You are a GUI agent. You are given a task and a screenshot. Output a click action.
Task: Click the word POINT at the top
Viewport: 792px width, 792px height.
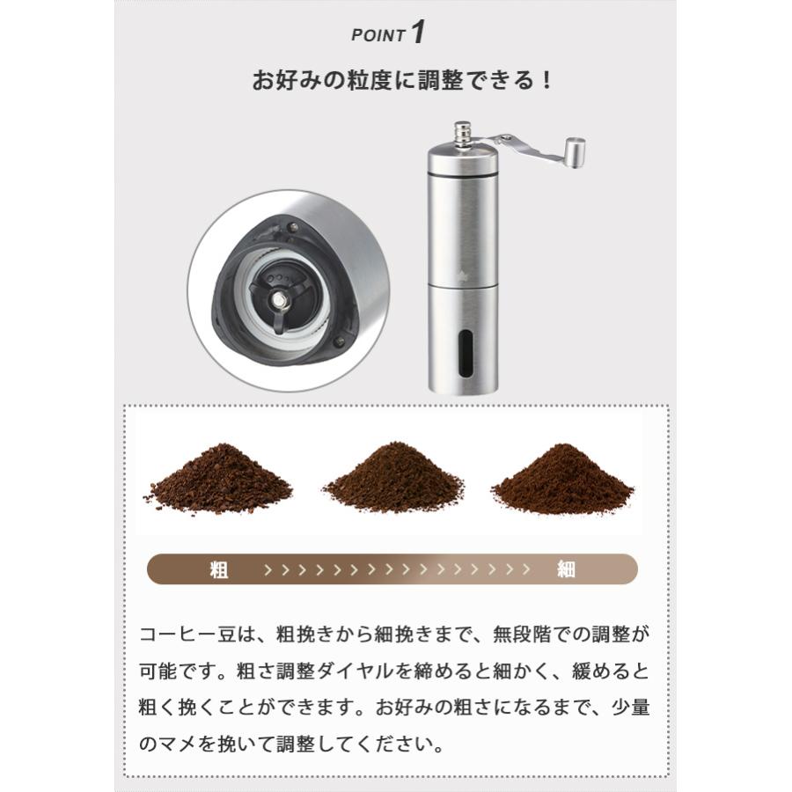click(378, 36)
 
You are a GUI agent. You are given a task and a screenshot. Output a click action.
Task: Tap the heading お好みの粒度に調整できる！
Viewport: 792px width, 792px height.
click(403, 81)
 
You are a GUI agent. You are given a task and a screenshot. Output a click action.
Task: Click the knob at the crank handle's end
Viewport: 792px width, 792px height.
click(575, 150)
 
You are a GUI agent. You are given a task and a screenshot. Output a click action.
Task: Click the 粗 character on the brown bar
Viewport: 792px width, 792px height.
click(219, 570)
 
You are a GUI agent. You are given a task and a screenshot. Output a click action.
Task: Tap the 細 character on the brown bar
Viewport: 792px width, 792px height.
click(566, 570)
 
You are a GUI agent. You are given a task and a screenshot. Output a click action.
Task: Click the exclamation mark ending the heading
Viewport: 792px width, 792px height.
click(546, 81)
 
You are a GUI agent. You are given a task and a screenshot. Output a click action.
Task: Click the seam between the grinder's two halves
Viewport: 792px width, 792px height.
click(463, 286)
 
